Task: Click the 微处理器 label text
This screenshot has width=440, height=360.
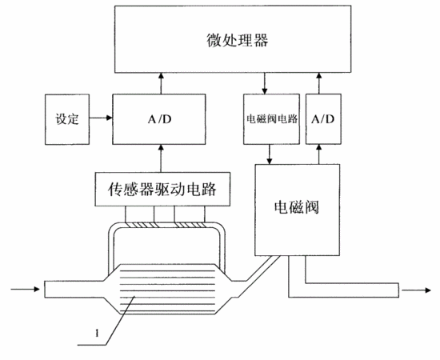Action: [238, 40]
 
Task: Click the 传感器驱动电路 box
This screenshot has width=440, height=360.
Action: [162, 189]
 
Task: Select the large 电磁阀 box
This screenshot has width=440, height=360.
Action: [297, 210]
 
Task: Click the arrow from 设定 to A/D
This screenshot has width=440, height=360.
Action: [101, 118]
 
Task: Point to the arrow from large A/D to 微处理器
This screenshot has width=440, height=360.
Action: [161, 83]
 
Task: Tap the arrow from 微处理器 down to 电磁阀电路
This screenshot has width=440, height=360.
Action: [264, 83]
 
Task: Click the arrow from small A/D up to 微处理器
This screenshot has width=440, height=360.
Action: [318, 83]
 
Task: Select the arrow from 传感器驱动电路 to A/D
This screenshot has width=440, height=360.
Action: [161, 158]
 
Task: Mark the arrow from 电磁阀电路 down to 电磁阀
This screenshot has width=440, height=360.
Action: [270, 154]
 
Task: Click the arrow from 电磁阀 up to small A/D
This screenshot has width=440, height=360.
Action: [318, 154]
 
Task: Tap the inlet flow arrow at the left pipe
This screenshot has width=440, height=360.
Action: [26, 289]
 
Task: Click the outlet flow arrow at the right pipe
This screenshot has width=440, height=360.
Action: [416, 290]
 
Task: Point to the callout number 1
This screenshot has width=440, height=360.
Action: [97, 334]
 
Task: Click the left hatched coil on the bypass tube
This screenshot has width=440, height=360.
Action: [140, 225]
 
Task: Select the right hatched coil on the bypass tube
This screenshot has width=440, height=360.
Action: [190, 225]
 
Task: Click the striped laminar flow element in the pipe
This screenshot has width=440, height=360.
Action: [167, 289]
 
